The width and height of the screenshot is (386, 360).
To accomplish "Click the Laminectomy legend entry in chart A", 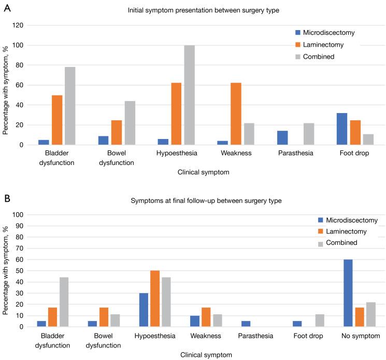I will (x=327, y=45).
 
